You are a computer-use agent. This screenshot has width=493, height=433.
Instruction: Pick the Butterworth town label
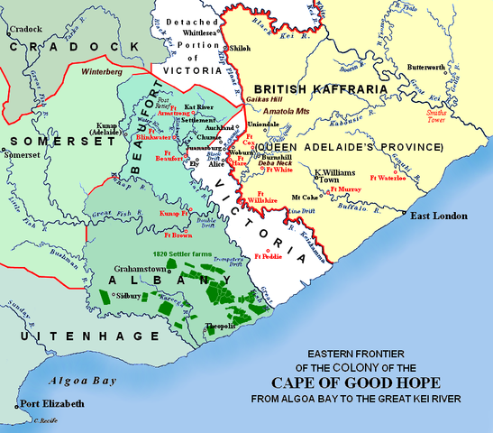click(x=425, y=69)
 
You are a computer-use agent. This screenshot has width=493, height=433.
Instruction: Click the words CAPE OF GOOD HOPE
click(x=376, y=382)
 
